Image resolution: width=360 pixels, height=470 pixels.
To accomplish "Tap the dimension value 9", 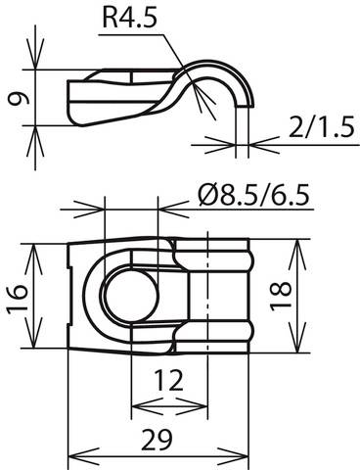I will click(x=17, y=99).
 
